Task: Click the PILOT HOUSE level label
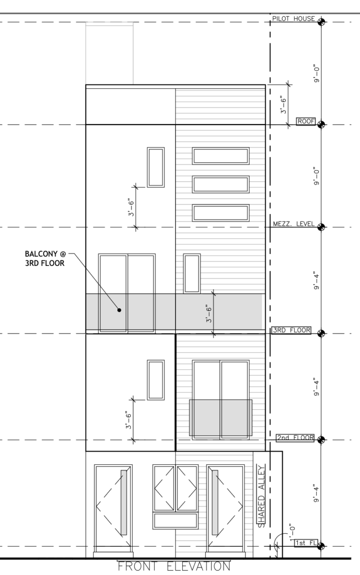pos(293,19)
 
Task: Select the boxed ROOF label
pos(305,121)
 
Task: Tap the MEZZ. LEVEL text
pos(293,224)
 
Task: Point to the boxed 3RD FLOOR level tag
pos(291,330)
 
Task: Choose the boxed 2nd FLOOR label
pos(295,437)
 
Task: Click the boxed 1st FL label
pos(303,542)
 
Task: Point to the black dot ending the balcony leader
pos(119,310)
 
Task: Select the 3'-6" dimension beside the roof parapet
pos(283,105)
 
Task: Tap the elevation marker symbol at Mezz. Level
pos(321,227)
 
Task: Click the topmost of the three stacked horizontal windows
pos(221,156)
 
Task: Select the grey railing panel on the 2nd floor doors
pos(221,417)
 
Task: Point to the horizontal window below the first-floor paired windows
pos(176,521)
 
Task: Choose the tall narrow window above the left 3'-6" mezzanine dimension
pos(156,167)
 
